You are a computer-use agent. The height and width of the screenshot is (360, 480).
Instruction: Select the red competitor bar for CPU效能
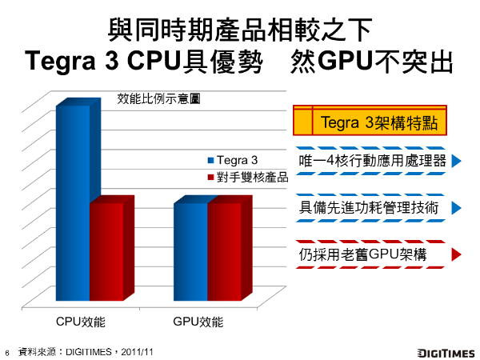click(x=106, y=252)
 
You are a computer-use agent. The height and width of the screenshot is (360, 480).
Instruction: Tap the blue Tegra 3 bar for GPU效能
click(x=190, y=252)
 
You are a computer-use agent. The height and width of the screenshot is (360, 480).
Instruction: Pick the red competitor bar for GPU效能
click(x=224, y=252)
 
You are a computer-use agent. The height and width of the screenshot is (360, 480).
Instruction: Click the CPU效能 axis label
click(x=82, y=322)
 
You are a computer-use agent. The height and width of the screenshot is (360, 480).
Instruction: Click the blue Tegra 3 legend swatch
click(x=210, y=160)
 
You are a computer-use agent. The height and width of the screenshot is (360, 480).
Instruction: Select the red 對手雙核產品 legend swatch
click(x=210, y=177)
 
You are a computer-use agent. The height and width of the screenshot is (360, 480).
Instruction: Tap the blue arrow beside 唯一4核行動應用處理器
click(x=457, y=161)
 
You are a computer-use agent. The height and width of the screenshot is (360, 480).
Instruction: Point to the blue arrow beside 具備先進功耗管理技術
click(x=457, y=208)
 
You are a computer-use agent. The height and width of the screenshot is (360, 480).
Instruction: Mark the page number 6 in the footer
click(x=7, y=352)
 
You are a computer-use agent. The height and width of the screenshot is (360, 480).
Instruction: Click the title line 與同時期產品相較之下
click(x=239, y=32)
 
